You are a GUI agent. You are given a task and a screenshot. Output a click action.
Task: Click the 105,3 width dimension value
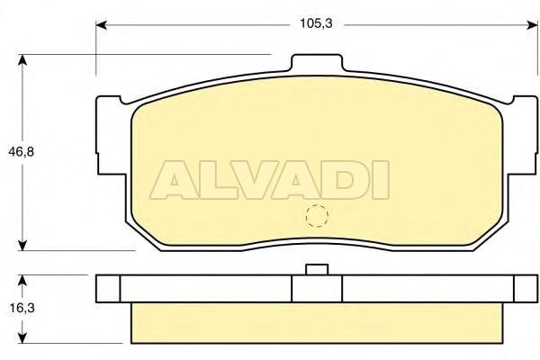[x=316, y=23]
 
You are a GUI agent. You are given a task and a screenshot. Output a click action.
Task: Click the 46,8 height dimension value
[x=22, y=151]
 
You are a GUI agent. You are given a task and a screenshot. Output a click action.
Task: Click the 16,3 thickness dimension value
[x=22, y=308]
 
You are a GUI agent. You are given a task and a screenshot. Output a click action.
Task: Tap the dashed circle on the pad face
[x=317, y=216]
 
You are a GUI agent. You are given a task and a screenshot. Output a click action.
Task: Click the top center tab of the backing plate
[x=317, y=63]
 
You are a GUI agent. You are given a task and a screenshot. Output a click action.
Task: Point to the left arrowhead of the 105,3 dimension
[x=101, y=25]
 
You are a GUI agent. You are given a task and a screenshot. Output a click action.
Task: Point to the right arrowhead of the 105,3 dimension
[x=532, y=25]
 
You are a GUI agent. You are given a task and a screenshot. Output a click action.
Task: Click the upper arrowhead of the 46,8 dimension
[x=22, y=60]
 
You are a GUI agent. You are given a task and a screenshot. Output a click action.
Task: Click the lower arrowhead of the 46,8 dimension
[x=22, y=245]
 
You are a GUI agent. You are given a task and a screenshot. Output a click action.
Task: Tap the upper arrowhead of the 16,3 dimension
[x=22, y=281]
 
